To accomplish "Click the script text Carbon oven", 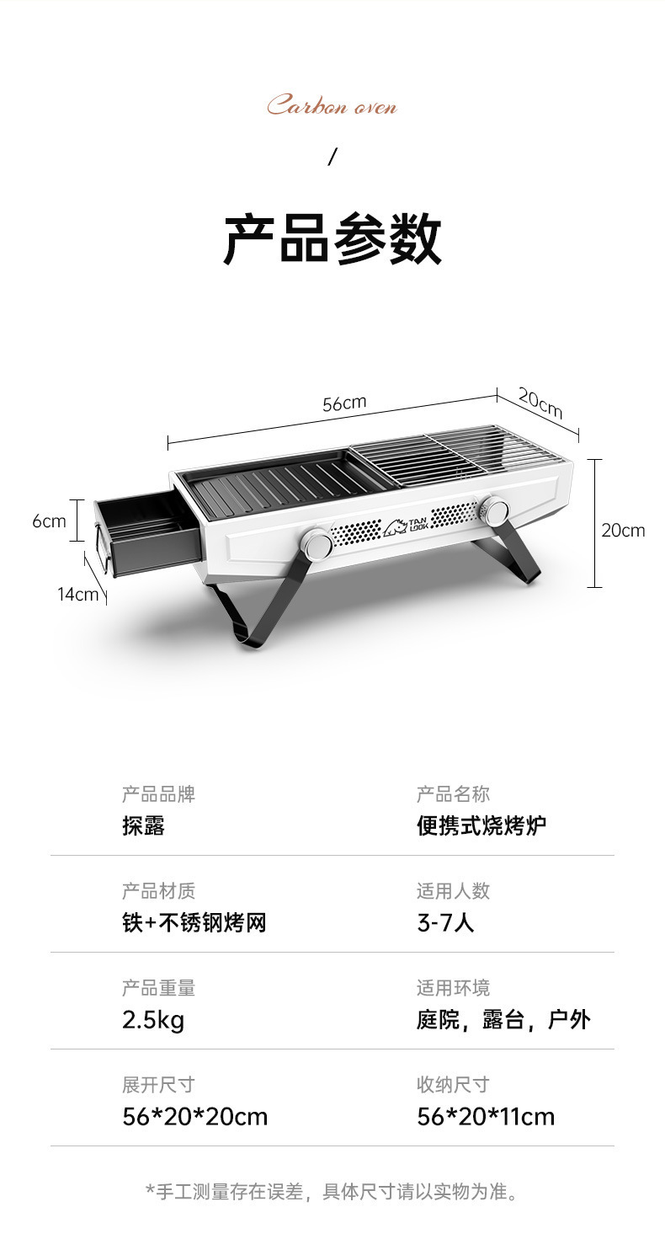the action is (x=332, y=107).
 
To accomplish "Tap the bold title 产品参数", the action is (x=332, y=240).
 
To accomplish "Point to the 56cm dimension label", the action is (x=344, y=403).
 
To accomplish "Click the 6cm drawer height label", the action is (x=49, y=521).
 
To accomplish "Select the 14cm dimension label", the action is (x=77, y=595).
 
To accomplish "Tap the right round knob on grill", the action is (x=494, y=510).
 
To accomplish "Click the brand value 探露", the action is (x=143, y=825).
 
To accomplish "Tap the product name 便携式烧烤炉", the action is (x=481, y=825).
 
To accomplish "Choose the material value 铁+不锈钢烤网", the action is (x=194, y=922).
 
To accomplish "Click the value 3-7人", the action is (x=445, y=922).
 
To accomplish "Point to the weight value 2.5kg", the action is (x=153, y=1020).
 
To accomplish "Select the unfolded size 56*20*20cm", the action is (x=194, y=1117).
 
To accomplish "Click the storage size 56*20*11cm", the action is (x=486, y=1117).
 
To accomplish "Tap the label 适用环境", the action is (x=453, y=988).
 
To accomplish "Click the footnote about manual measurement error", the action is (x=332, y=1191).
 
